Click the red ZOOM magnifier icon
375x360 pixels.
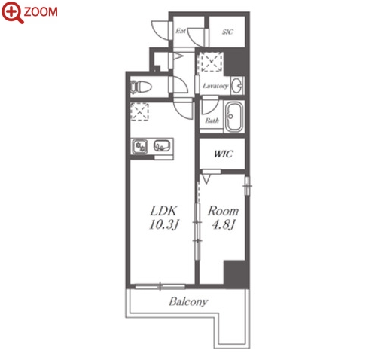coord(12,13)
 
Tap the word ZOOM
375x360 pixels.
coord(41,12)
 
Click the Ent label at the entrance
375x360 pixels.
coord(181,31)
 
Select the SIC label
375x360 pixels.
coord(227,32)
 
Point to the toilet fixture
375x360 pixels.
coord(141,87)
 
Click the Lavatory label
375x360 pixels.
coord(215,86)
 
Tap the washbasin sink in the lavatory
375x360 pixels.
coord(237,86)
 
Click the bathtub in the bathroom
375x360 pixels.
coord(234,117)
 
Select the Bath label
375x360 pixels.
coord(212,121)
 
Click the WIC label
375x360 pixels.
coord(224,154)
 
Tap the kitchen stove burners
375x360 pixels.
coord(140,147)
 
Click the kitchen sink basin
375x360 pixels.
coord(162,145)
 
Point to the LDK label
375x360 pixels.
coord(163,211)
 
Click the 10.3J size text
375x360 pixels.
coord(163,224)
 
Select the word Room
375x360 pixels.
coord(223,211)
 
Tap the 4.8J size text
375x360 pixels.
coord(223,224)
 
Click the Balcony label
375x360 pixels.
coord(188,301)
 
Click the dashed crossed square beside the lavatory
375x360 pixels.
coord(210,62)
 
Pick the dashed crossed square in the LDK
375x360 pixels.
coord(139,111)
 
